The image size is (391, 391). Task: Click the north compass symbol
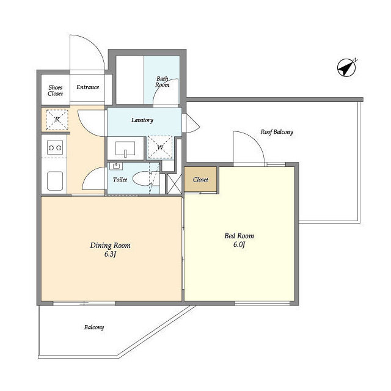[x=346, y=68]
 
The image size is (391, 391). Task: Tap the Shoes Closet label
[x=56, y=90]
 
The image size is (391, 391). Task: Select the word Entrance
[x=87, y=87]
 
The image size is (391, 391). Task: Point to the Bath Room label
[x=163, y=82]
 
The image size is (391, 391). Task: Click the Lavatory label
[x=142, y=120]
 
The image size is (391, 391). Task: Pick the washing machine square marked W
[x=160, y=147]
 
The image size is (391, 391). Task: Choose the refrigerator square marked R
[x=57, y=120]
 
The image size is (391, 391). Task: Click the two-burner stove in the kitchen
[x=55, y=148]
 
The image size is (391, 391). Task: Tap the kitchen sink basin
[x=55, y=181]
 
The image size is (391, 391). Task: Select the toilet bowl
[x=142, y=178]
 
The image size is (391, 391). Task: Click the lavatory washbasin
[x=125, y=149]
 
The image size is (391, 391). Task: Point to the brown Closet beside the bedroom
[x=200, y=179]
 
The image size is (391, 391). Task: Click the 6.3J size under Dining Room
[x=111, y=254]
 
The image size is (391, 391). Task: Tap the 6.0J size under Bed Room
[x=239, y=244]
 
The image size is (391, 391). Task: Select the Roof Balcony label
[x=277, y=132]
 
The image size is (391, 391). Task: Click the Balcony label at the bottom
[x=94, y=327]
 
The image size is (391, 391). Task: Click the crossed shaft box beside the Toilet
[x=174, y=184]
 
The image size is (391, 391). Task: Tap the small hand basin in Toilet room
[x=116, y=166]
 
